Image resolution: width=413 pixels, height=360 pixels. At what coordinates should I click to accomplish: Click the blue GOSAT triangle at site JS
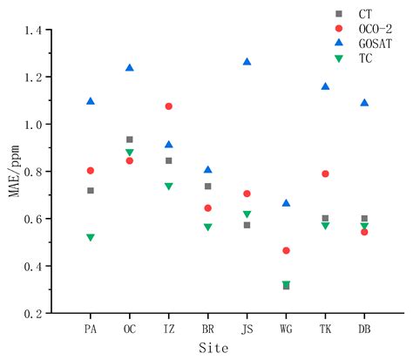coord(247,62)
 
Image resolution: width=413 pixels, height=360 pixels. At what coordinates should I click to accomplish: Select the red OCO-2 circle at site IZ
coord(169,106)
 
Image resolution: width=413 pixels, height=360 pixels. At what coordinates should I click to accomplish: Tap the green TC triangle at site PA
coord(91,237)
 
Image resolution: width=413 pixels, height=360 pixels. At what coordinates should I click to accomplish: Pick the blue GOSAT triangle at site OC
coord(130,67)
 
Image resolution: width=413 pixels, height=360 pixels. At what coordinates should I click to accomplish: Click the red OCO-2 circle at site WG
coord(286,250)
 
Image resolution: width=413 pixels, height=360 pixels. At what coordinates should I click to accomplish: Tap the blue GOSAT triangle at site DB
coord(364,102)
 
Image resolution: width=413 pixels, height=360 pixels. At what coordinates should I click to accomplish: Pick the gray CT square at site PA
coord(91,190)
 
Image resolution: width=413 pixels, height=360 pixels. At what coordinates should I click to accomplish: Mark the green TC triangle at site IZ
coord(169,187)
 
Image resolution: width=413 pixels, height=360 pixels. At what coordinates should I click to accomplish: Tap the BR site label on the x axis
coord(207,329)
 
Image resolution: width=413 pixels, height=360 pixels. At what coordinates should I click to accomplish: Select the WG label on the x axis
coord(286,329)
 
